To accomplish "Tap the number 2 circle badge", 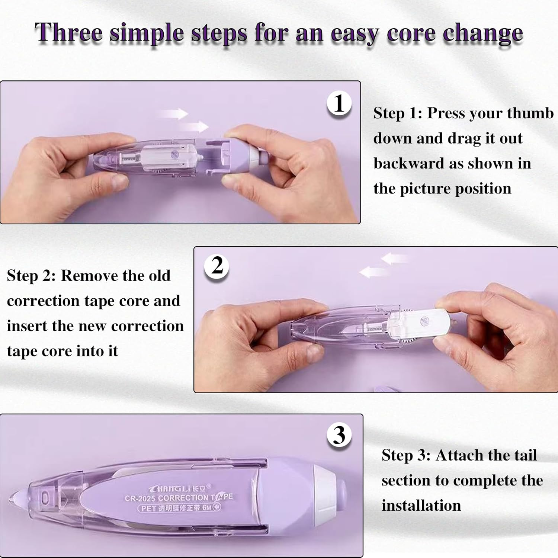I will [x=217, y=266].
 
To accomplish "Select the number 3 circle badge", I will [x=339, y=434].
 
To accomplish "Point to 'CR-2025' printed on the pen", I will [x=140, y=498].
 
